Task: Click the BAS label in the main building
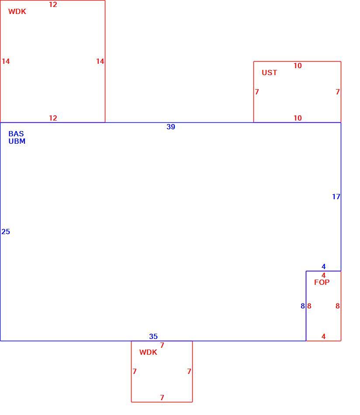click(x=16, y=134)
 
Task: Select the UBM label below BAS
click(x=17, y=142)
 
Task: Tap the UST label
click(x=269, y=73)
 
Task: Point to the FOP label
click(x=322, y=282)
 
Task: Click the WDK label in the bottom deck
click(x=148, y=352)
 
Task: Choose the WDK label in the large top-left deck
click(x=17, y=11)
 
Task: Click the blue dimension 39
click(x=171, y=127)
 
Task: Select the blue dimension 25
click(x=6, y=232)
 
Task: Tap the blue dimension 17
click(x=336, y=197)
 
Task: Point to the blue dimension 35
click(x=153, y=336)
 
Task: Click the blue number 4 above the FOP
click(x=323, y=266)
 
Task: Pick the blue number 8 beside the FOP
click(x=303, y=306)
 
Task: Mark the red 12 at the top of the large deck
click(x=53, y=4)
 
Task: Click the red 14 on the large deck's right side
click(x=100, y=62)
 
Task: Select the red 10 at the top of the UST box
click(x=298, y=66)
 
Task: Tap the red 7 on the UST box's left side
click(x=257, y=92)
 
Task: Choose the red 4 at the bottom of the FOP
click(x=323, y=336)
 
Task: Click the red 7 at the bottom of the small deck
click(x=162, y=398)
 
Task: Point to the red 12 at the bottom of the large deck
click(x=53, y=118)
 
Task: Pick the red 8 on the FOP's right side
click(x=337, y=306)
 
